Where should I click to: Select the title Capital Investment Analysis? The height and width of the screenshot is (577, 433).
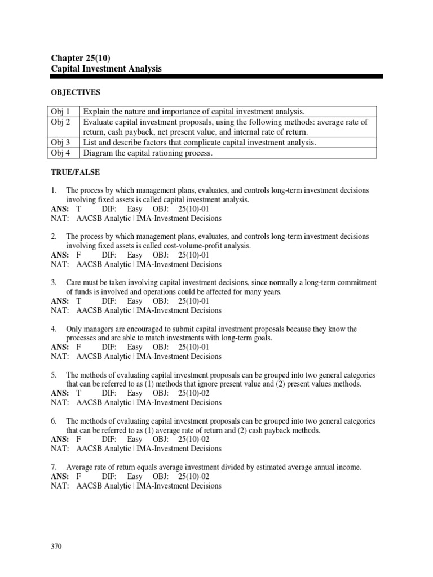(x=107, y=69)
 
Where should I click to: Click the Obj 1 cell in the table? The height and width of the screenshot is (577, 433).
(x=63, y=112)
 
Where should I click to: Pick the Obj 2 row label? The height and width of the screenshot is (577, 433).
(x=63, y=122)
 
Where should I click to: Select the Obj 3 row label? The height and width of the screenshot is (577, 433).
(x=63, y=143)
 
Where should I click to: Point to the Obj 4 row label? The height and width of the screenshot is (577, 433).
(x=63, y=153)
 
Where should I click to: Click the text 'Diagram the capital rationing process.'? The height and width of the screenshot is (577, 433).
(x=148, y=153)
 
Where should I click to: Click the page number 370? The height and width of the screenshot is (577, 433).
(x=56, y=546)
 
